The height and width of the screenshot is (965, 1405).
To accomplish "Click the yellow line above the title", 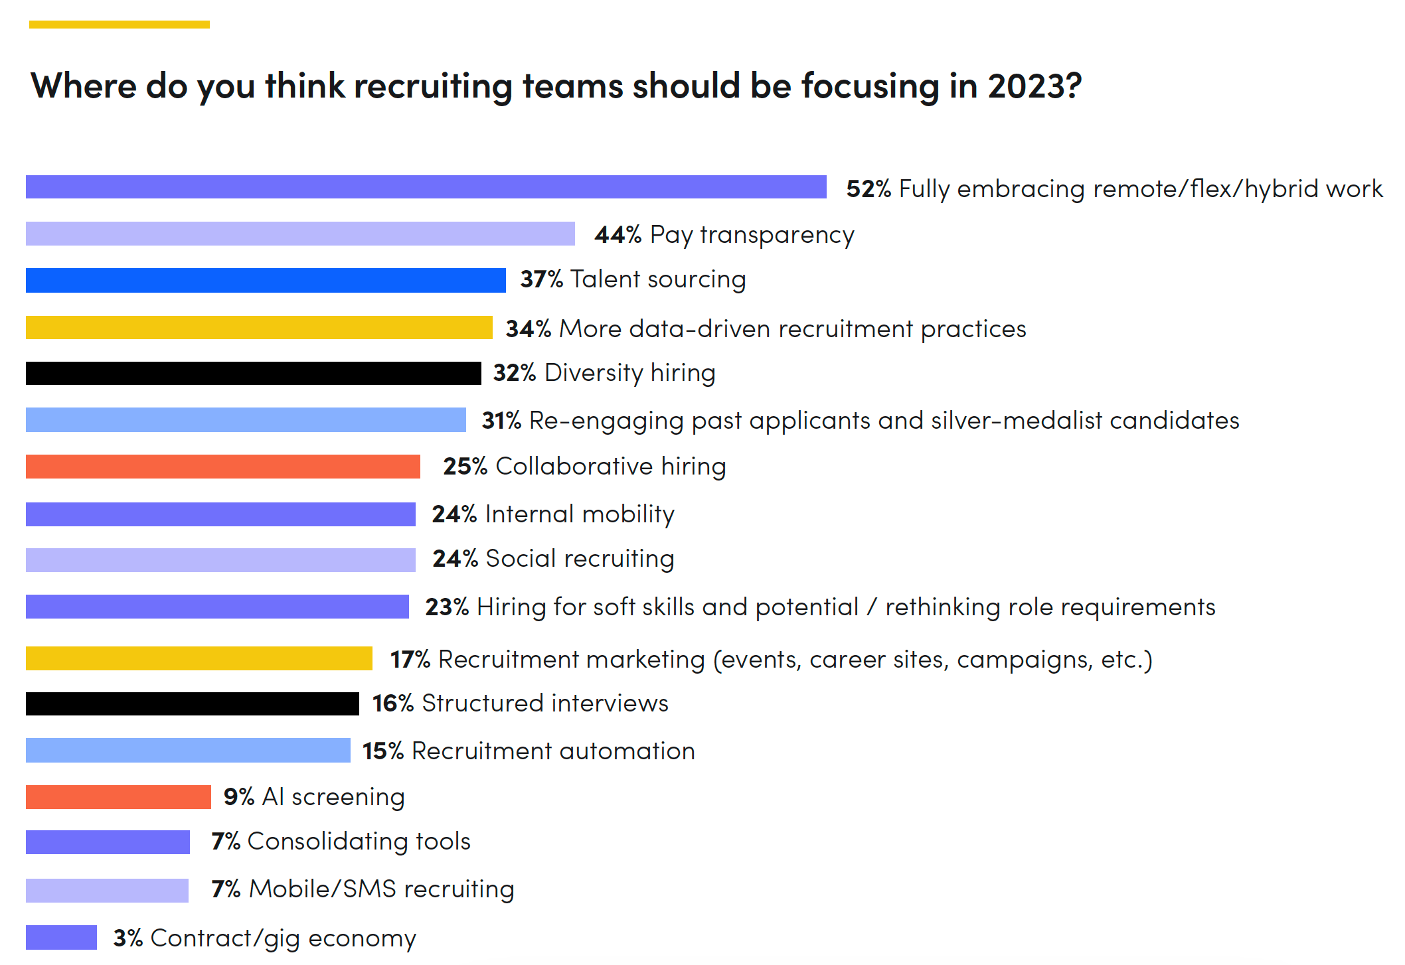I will click(120, 25).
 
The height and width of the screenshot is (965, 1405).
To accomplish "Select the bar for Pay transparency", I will click(300, 234).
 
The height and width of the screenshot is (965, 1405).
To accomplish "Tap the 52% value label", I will click(868, 189).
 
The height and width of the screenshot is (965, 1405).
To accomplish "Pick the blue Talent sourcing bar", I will click(266, 280).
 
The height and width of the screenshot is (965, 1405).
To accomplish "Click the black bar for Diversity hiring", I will click(253, 373).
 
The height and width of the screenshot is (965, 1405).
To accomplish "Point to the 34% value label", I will click(528, 329).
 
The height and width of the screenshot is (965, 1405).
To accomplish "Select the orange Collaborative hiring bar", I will click(222, 467).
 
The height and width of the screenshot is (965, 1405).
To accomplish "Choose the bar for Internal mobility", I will click(220, 514).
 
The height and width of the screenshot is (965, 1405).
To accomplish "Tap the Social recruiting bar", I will click(220, 559).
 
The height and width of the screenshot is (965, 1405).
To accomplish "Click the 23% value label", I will click(447, 607).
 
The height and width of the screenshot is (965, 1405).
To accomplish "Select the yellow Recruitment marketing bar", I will click(199, 658).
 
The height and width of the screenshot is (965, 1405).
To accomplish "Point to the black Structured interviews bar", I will click(193, 704).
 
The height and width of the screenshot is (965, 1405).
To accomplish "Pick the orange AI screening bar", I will click(118, 797).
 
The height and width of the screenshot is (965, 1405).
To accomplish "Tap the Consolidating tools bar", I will click(108, 842).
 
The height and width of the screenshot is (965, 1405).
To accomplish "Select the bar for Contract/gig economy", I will click(61, 937).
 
